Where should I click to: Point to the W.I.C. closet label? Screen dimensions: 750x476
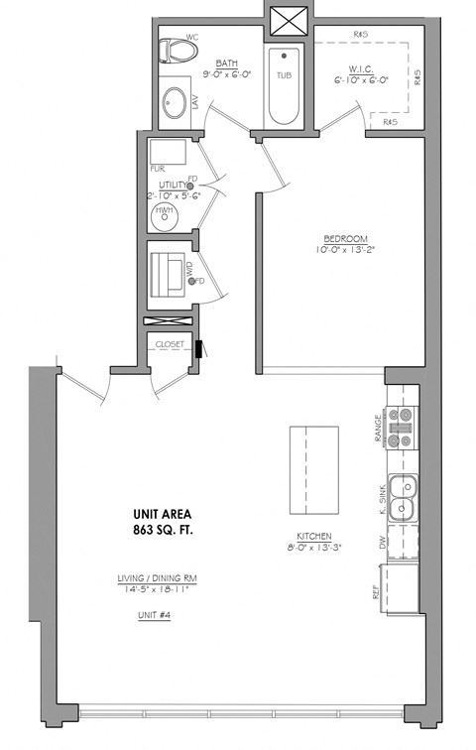(361, 68)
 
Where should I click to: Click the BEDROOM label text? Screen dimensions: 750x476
(346, 238)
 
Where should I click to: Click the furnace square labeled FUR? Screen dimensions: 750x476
(167, 154)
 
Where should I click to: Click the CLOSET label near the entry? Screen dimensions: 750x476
(170, 344)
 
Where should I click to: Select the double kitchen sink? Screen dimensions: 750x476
(402, 498)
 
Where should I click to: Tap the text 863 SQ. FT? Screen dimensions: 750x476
(162, 532)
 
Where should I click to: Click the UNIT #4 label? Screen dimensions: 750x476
(154, 615)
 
